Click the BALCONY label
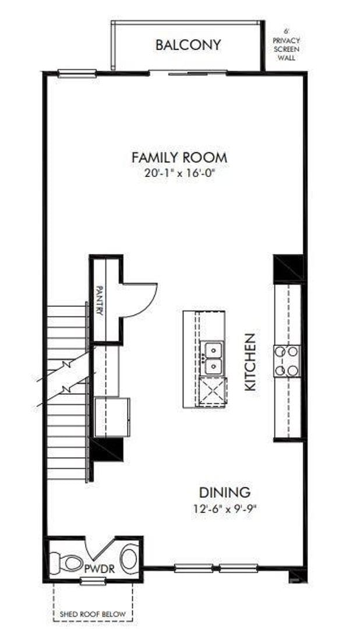click(188, 45)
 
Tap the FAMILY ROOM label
click(179, 157)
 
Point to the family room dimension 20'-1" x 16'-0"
click(179, 173)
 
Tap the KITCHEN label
click(249, 361)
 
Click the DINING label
click(225, 492)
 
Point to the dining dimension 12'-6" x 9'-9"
click(225, 507)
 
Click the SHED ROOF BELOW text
click(93, 614)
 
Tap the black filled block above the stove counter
click(288, 268)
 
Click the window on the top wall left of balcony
click(77, 73)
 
